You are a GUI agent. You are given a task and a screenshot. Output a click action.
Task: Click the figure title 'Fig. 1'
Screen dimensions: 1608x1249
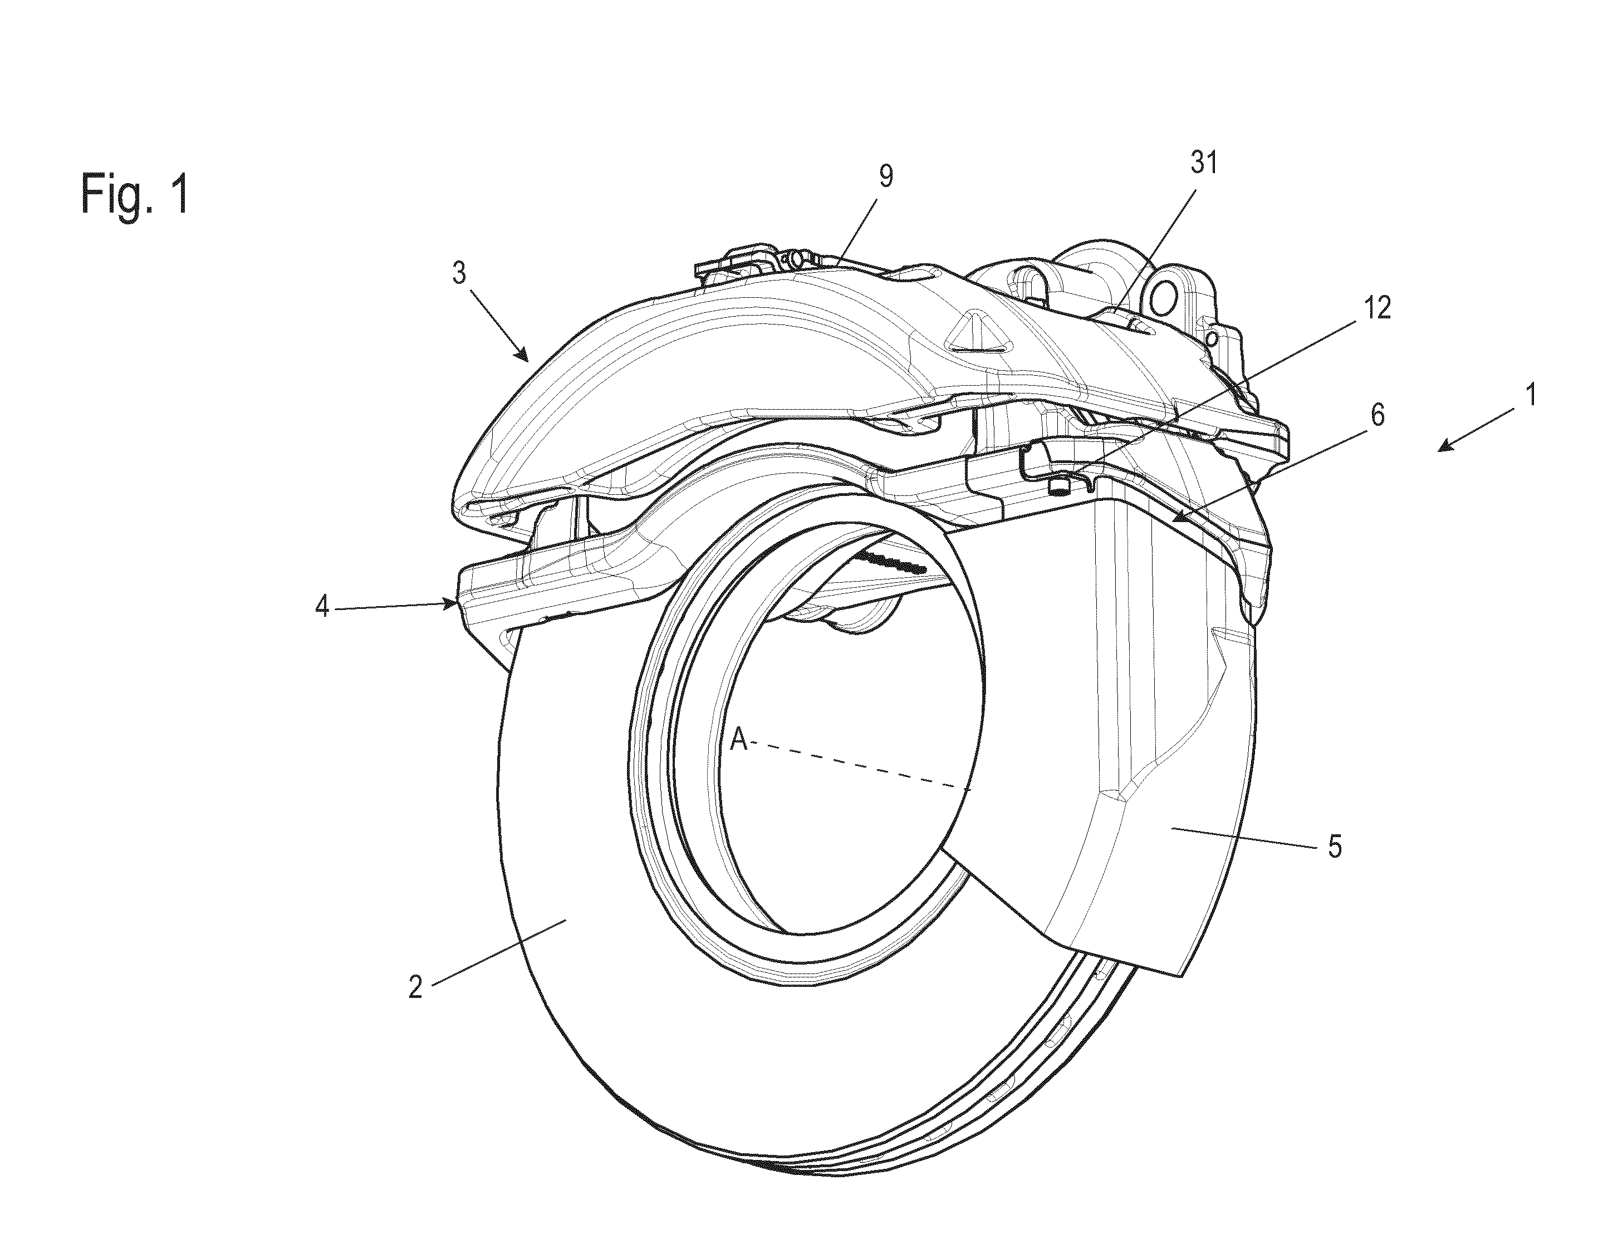point(135,194)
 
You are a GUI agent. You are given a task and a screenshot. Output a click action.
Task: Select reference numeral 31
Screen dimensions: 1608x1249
point(1204,163)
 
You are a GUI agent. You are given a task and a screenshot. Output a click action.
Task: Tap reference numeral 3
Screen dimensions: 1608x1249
point(459,274)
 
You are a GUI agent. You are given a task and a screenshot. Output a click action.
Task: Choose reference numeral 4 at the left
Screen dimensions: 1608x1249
point(322,608)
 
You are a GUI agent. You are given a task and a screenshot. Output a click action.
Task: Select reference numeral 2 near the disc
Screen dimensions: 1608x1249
point(416,987)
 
